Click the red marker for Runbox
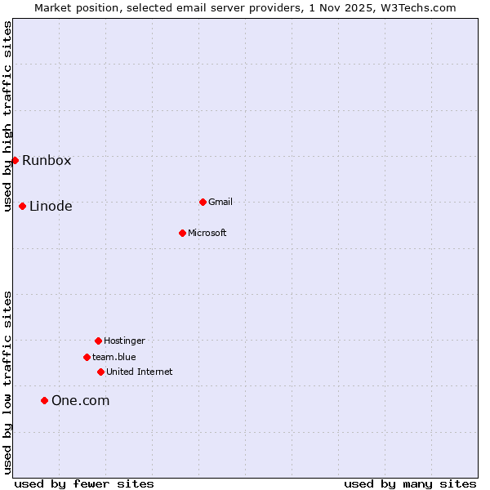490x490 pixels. click(15, 160)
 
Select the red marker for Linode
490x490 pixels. click(22, 206)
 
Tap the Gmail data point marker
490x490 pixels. click(203, 202)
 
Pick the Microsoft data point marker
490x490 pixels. click(182, 233)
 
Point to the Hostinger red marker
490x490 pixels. click(98, 341)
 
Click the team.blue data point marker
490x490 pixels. click(87, 357)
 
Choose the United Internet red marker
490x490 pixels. click(100, 372)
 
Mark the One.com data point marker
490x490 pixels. click(44, 400)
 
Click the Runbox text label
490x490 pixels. click(47, 160)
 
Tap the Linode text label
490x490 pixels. click(51, 206)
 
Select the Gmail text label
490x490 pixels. click(220, 202)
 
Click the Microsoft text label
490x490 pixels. click(207, 233)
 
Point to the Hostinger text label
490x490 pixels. click(124, 341)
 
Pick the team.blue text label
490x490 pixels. click(114, 357)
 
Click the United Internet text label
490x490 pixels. click(140, 372)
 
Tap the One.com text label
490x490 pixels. click(80, 400)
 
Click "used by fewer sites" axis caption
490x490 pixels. click(84, 483)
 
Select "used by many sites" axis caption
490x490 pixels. click(410, 483)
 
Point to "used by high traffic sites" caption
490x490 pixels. click(7, 117)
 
